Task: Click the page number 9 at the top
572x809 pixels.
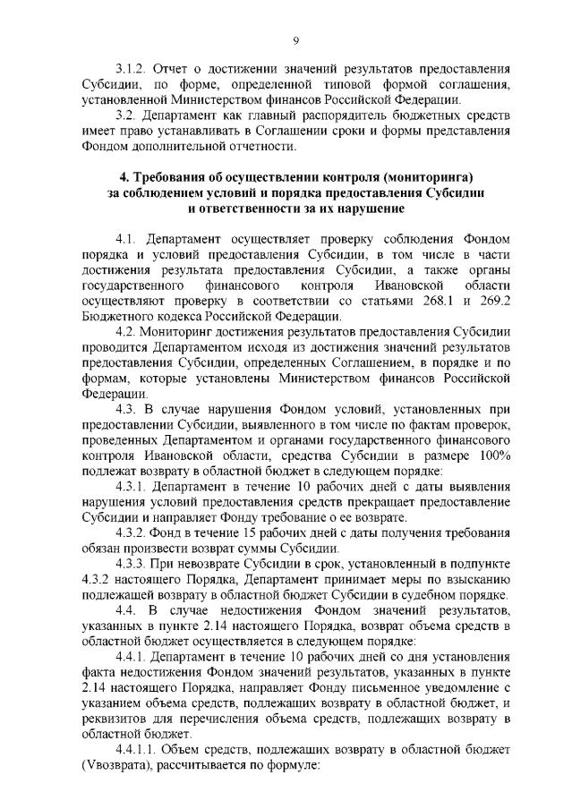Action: pyautogui.click(x=295, y=38)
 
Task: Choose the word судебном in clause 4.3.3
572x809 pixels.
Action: pyautogui.click(x=431, y=594)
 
